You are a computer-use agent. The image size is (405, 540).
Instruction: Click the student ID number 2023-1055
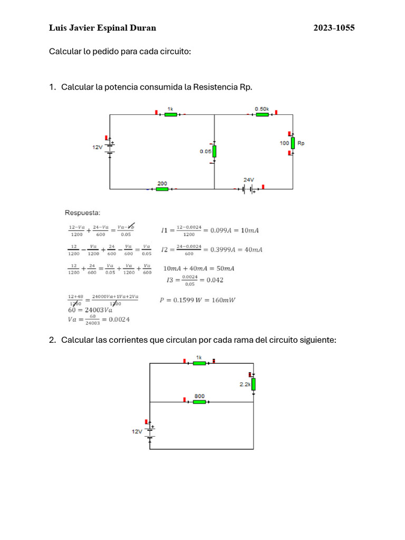334,28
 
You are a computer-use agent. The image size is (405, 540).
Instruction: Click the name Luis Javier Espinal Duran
102,28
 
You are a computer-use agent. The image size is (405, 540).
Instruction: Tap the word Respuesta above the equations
82,213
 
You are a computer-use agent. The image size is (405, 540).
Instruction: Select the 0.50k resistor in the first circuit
262,114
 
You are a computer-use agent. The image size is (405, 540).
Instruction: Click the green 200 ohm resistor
162,189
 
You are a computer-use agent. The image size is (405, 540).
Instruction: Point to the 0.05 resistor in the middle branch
214,152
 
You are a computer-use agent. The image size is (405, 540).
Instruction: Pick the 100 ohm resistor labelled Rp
292,143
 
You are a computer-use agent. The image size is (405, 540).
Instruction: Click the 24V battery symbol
249,189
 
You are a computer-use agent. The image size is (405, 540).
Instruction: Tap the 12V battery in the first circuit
110,147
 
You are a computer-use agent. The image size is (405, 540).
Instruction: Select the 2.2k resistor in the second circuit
253,384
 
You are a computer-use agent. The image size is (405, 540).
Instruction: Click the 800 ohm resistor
199,402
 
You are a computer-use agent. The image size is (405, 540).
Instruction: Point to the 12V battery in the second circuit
150,431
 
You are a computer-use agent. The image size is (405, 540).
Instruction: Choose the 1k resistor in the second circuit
199,363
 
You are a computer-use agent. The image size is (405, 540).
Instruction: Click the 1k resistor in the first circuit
170,114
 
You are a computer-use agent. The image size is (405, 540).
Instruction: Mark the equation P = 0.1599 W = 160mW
197,300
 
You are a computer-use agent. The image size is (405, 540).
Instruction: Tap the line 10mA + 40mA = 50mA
199,268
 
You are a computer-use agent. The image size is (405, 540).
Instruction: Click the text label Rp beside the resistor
301,143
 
